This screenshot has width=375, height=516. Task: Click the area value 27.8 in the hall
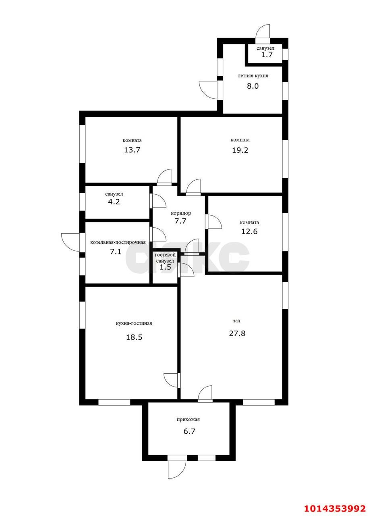(x=237, y=333)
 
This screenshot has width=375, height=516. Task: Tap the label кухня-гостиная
(x=134, y=323)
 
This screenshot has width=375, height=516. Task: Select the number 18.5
(x=134, y=337)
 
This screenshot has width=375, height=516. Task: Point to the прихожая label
(x=188, y=420)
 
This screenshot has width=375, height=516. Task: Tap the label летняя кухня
(x=253, y=76)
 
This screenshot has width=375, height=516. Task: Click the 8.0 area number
(x=253, y=86)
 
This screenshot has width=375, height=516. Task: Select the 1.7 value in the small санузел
(x=267, y=54)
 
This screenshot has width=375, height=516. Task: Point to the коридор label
(x=181, y=213)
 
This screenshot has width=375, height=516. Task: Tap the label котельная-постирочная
(x=118, y=242)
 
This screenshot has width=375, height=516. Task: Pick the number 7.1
(x=116, y=252)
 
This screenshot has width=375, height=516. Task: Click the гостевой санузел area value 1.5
(x=165, y=267)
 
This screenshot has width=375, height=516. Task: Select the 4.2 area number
(x=114, y=202)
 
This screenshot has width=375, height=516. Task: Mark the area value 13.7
(x=132, y=150)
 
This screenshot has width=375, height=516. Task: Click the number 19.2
(x=240, y=150)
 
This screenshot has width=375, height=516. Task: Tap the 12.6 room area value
(x=249, y=231)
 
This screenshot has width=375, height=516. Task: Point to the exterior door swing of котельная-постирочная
(x=70, y=242)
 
